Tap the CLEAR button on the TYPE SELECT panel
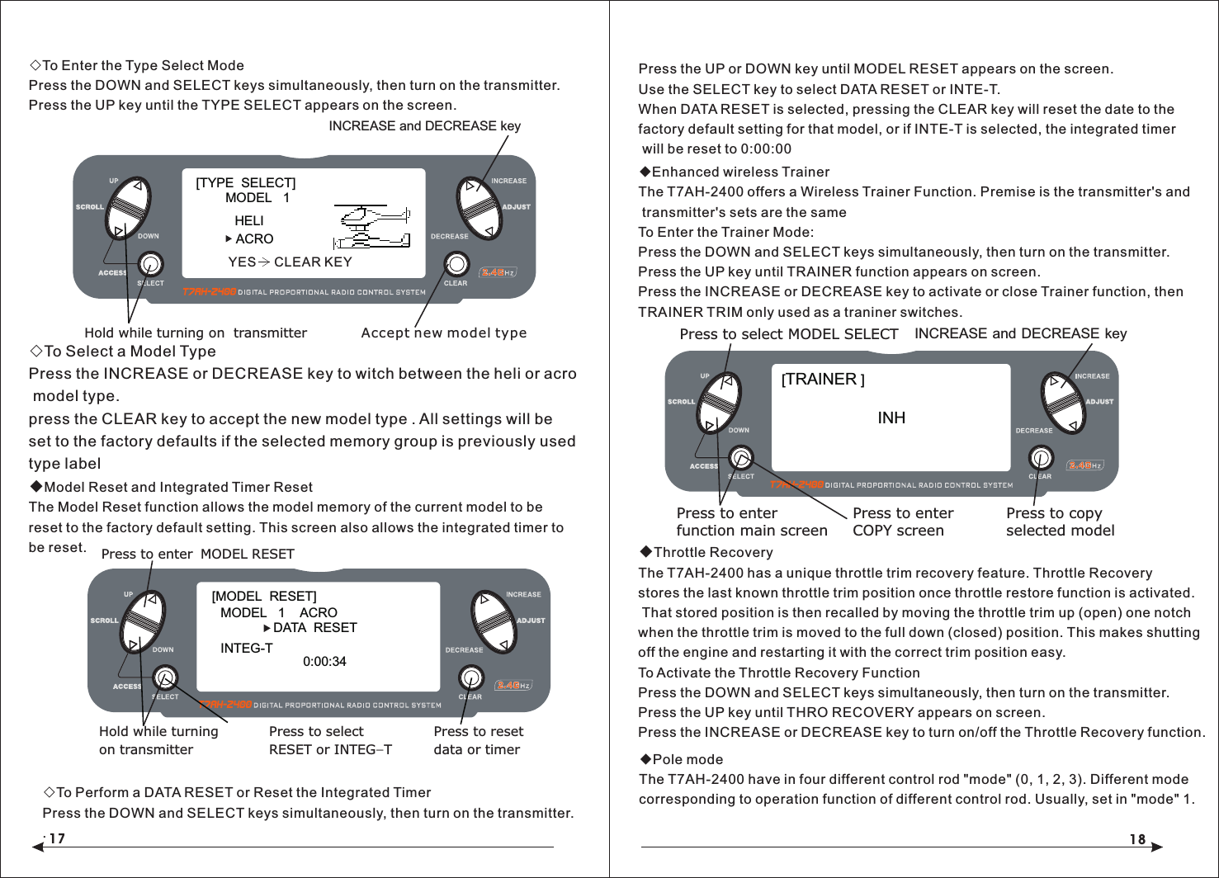click(x=456, y=264)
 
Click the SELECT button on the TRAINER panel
click(x=741, y=457)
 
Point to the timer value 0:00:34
click(x=324, y=662)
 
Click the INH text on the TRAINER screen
click(x=891, y=418)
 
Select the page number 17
click(x=56, y=839)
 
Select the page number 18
click(x=1137, y=839)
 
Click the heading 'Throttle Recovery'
click(x=713, y=552)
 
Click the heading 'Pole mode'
click(x=687, y=759)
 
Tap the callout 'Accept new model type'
click(x=443, y=333)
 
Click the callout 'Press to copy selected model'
click(x=1060, y=522)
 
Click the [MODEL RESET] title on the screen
click(x=264, y=596)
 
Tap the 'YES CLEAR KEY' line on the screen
click(x=290, y=262)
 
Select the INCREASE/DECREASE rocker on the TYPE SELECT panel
click(x=480, y=208)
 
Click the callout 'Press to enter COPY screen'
click(x=902, y=522)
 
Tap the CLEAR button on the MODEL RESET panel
click(x=470, y=677)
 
